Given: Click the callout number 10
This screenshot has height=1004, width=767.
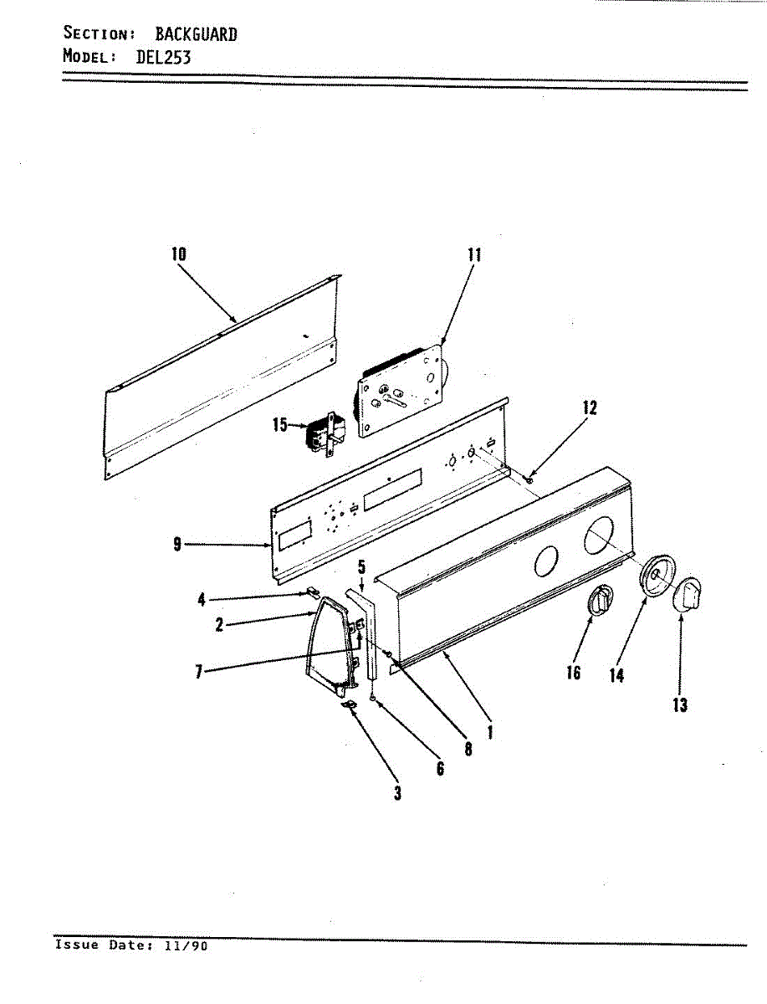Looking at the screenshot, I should [x=179, y=254].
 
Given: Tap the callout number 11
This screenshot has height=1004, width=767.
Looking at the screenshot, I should [x=474, y=254].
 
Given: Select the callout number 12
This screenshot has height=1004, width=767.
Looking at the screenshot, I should [x=590, y=407].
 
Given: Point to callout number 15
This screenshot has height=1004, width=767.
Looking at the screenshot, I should [x=280, y=425].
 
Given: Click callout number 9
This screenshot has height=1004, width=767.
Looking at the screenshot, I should [x=177, y=545].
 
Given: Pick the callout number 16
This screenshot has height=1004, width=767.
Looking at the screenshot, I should [x=574, y=671].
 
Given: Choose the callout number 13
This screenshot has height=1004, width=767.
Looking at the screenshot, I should [x=680, y=704].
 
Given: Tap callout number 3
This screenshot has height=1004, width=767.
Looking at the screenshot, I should [x=397, y=792].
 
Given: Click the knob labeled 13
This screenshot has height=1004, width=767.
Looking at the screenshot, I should [x=688, y=596].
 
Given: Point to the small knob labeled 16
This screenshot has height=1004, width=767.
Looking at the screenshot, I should [x=600, y=602].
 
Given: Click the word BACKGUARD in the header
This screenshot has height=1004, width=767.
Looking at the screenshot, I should [x=196, y=34].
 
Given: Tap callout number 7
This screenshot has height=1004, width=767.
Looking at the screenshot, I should [x=199, y=671].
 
